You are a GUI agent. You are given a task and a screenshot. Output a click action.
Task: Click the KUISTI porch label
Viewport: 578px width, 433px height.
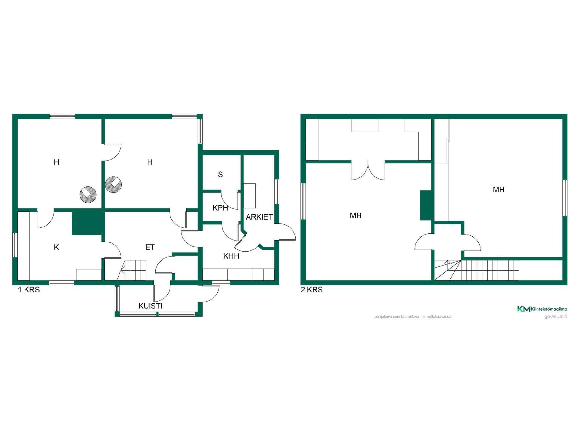pyautogui.click(x=151, y=306)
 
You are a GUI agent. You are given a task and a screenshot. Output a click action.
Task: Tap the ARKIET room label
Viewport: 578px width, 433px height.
pyautogui.click(x=259, y=217)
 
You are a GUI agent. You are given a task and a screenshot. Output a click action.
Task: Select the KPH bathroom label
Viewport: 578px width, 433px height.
pyautogui.click(x=220, y=208)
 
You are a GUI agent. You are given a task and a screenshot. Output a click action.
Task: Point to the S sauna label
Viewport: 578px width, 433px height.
pyautogui.click(x=220, y=174)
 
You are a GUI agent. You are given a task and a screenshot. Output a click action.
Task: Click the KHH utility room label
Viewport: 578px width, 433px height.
pyautogui.click(x=231, y=256)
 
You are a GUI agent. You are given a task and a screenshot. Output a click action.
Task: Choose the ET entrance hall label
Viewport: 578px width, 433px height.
pyautogui.click(x=150, y=247)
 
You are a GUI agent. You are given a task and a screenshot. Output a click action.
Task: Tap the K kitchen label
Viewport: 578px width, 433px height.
pyautogui.click(x=56, y=247)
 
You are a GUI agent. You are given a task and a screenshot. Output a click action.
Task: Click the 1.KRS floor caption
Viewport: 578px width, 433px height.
pyautogui.click(x=29, y=290)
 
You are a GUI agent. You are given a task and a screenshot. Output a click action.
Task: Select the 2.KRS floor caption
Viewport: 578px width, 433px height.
pyautogui.click(x=312, y=290)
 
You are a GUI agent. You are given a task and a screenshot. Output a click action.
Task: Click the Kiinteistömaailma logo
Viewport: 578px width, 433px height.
pyautogui.click(x=542, y=309)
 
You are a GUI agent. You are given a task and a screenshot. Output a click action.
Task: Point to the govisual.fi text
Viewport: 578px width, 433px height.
pyautogui.click(x=556, y=316)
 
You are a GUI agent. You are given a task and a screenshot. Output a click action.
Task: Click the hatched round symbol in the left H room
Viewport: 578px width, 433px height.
pyautogui.click(x=88, y=195)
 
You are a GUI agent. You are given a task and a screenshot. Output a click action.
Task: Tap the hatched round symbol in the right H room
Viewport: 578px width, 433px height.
pyautogui.click(x=113, y=184)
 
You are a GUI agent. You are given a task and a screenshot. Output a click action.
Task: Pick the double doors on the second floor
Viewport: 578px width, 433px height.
pyautogui.click(x=368, y=170)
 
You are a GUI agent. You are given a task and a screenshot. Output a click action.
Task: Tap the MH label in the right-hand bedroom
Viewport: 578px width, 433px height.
pyautogui.click(x=499, y=190)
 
